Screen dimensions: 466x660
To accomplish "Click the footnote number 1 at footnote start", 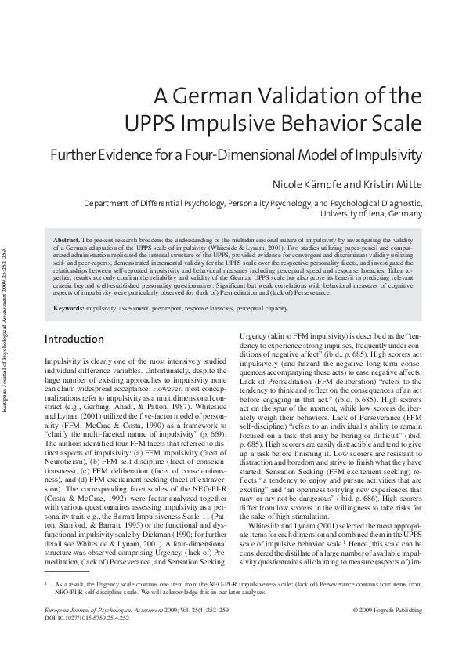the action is (46, 605).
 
